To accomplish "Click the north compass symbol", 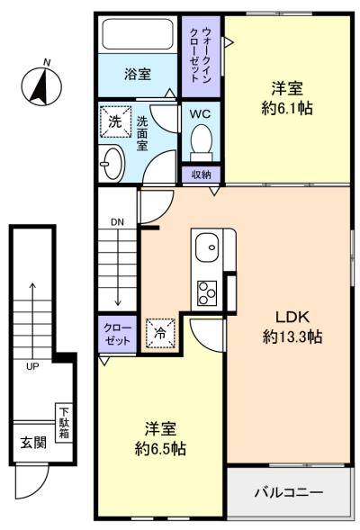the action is click(x=41, y=85).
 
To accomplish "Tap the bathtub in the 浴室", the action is click(x=138, y=34).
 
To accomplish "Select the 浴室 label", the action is click(x=138, y=74).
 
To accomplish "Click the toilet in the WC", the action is click(x=202, y=143).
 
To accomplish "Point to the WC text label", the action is click(x=200, y=114).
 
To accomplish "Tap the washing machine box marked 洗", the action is click(x=115, y=121).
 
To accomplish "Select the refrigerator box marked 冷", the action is click(x=160, y=333).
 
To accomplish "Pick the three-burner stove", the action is click(x=207, y=292).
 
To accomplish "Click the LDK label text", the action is click(x=292, y=318).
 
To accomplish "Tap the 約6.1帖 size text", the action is click(x=286, y=109).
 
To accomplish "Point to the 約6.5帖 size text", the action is click(x=160, y=449).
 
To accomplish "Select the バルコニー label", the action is click(x=289, y=492).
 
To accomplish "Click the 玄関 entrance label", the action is click(x=33, y=443).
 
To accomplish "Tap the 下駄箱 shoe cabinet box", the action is click(x=64, y=423).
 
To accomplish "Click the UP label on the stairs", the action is click(x=32, y=366).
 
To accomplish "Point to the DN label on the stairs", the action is click(x=117, y=222).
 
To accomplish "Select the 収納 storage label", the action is click(x=201, y=175).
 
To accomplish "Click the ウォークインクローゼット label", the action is click(x=201, y=56).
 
